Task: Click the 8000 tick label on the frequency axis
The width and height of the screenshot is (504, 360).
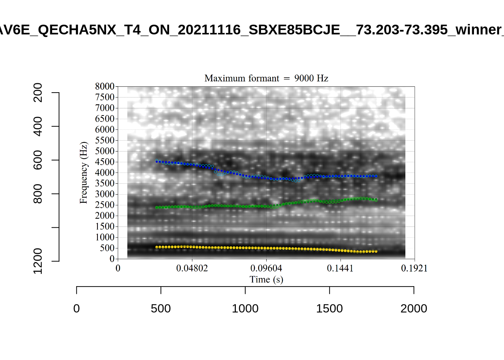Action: (105, 86)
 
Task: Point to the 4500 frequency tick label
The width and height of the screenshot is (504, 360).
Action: (105, 162)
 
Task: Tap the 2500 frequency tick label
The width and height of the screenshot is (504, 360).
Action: (105, 205)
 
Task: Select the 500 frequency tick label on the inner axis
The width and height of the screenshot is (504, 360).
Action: (107, 248)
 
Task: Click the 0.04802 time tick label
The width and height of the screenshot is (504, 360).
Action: (192, 268)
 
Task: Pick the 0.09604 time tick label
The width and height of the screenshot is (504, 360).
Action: (266, 268)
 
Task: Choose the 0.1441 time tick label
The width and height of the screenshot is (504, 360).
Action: (340, 268)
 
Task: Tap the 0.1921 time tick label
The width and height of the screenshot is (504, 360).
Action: (414, 268)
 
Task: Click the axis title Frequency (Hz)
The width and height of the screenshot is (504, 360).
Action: (83, 172)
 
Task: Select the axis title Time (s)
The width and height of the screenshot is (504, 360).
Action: (266, 279)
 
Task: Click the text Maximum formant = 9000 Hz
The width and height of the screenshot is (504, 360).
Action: (266, 78)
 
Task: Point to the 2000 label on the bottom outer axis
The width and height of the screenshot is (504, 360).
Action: (414, 309)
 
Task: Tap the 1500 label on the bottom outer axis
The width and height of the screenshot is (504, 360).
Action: (329, 309)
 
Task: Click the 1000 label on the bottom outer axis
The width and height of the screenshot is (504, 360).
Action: (245, 309)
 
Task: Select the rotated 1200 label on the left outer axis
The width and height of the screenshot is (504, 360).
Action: (38, 261)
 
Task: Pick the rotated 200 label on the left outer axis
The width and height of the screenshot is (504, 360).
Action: (38, 93)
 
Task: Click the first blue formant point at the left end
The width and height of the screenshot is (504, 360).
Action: (157, 161)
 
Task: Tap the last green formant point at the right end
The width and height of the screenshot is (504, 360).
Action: (376, 199)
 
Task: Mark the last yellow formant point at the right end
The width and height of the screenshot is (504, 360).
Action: (376, 251)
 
